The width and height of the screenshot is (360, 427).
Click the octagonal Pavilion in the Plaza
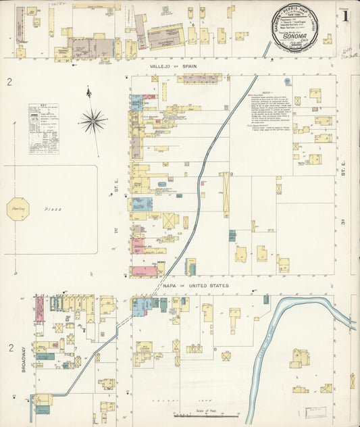(x=17, y=209)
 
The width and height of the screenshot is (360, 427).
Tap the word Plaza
(x=54, y=209)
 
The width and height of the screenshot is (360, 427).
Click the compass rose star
(x=92, y=122)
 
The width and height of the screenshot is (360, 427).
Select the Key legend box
(x=43, y=128)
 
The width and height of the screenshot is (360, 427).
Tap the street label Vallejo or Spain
(x=187, y=67)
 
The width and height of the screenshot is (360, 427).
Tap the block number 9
(x=231, y=174)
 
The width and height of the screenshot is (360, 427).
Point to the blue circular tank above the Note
(x=286, y=81)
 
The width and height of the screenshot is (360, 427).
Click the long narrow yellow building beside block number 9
(x=226, y=195)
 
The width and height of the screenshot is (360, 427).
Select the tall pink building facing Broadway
(x=39, y=309)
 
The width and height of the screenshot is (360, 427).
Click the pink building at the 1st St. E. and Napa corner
(x=144, y=271)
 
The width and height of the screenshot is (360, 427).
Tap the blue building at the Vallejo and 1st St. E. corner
(x=137, y=102)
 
